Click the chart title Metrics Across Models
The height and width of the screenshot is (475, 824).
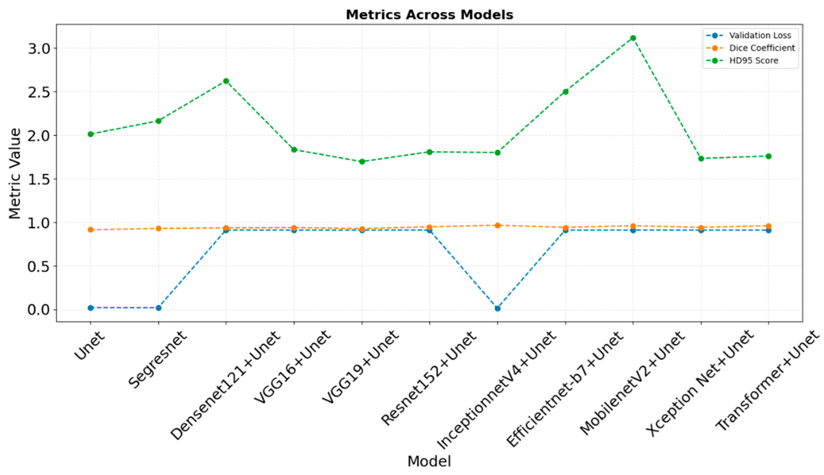tap(429, 15)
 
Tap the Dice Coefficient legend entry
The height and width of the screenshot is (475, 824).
tap(762, 48)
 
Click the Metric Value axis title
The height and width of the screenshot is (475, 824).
tap(15, 173)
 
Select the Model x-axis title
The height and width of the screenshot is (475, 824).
tap(429, 461)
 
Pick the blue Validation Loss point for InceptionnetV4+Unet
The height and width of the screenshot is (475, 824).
tap(497, 308)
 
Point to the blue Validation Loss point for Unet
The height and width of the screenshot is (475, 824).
tap(91, 308)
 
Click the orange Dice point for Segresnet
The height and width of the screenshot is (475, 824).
tap(158, 228)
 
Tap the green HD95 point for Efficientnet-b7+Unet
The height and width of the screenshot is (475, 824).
tap(566, 92)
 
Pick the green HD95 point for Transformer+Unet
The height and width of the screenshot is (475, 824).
tap(768, 156)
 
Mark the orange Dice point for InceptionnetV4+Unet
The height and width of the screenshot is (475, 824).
tap(497, 225)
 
